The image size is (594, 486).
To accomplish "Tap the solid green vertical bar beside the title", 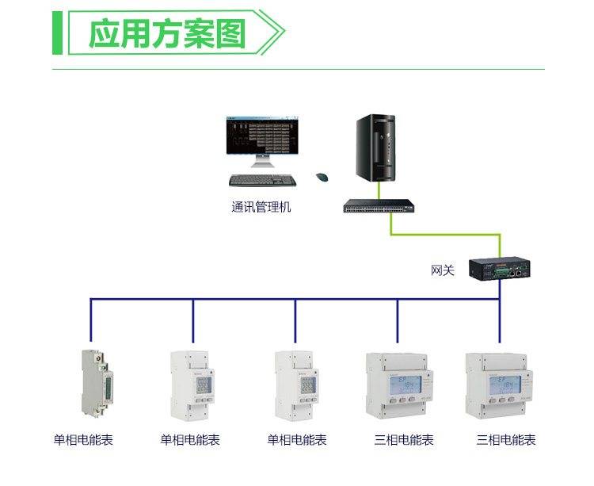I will coord(57,33).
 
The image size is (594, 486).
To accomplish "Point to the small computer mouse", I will coord(322,178).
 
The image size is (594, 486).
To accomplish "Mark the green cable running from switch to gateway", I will coord(444,235).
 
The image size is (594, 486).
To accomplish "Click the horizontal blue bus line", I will coord(293,299).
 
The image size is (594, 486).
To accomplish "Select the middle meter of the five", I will coord(295,385).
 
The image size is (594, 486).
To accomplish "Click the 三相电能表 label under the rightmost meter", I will coord(506,440).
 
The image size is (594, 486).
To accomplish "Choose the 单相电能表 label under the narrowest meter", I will coord(83,440).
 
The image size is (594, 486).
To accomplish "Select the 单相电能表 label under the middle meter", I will coord(297,440).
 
